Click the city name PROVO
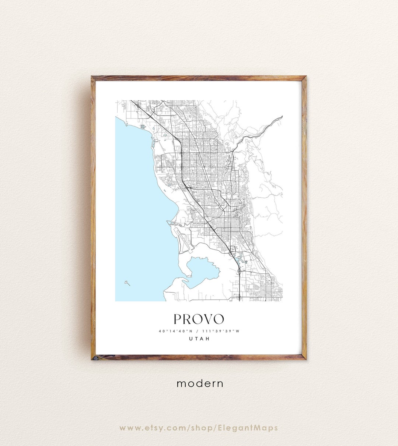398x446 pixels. (199, 319)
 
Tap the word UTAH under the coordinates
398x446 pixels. (199, 339)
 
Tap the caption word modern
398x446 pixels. (200, 383)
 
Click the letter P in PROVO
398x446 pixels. (178, 319)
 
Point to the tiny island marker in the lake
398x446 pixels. (127, 283)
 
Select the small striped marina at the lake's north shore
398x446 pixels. (143, 127)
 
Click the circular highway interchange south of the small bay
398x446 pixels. (240, 271)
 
